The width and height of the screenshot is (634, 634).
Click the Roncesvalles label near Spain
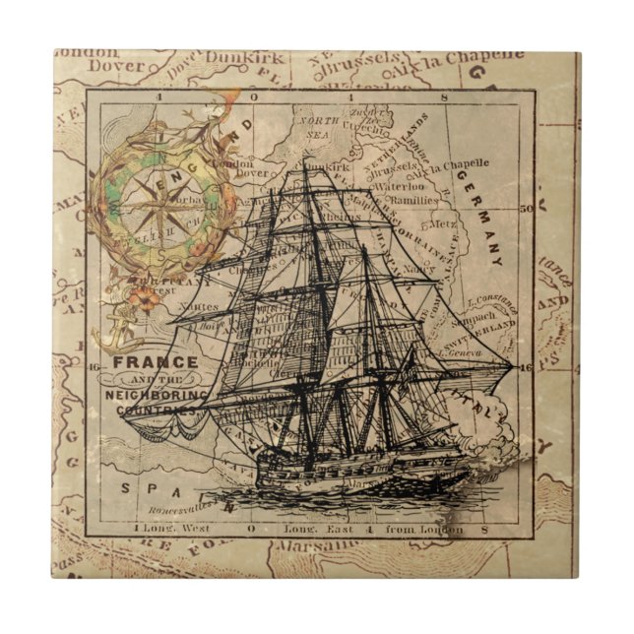pos(183,510)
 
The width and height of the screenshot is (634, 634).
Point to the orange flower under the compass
pos(147,296)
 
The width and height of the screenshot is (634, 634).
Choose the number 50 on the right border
pos(525,209)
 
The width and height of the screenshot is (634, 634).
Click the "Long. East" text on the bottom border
pos(314,529)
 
